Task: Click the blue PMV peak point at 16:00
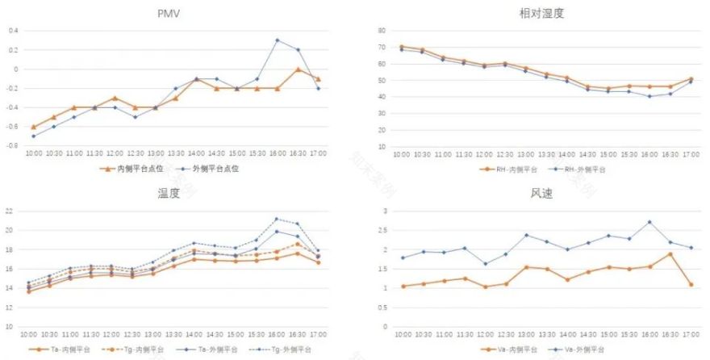click(278, 40)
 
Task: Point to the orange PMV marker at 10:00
click(33, 127)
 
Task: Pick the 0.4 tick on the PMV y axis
click(13, 31)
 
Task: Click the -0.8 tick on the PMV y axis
click(11, 146)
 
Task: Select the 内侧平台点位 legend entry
click(134, 169)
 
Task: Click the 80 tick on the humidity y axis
click(383, 30)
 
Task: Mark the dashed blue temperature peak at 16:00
click(278, 219)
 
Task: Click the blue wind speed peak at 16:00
click(649, 222)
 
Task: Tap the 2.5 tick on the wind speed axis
click(383, 230)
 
